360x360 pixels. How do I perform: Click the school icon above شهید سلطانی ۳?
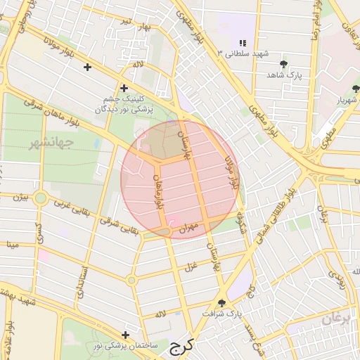(x=243, y=43)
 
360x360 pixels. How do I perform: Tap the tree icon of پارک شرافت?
(x=222, y=303)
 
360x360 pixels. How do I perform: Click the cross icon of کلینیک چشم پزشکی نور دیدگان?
(x=124, y=89)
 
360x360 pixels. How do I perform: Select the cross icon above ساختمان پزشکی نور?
(x=126, y=335)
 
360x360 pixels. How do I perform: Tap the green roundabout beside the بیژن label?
(x=41, y=198)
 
